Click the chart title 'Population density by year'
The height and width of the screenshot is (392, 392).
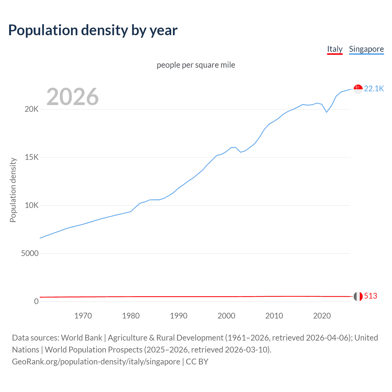point(93,30)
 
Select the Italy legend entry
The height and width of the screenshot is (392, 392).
point(335,49)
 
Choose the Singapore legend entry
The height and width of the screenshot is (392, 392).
point(366,49)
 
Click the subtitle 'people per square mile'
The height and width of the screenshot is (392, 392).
point(196,65)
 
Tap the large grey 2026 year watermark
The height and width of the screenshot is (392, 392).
point(73,97)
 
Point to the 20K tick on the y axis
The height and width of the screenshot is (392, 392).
point(32,109)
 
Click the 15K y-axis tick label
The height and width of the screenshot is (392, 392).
point(32,157)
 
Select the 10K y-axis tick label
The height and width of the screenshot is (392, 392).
point(32,205)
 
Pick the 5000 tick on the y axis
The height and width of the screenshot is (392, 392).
point(30,254)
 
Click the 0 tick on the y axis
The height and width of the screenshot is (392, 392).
point(36,302)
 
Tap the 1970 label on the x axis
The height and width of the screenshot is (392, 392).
point(83,316)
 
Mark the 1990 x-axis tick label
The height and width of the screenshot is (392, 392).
point(179,316)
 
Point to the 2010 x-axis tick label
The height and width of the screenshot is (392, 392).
point(274,316)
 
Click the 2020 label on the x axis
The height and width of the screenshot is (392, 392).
point(322,316)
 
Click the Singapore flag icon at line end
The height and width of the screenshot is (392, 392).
point(358,89)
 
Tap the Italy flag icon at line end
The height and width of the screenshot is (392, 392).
point(358,296)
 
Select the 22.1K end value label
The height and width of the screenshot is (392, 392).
point(374,89)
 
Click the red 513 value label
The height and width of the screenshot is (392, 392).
point(371,296)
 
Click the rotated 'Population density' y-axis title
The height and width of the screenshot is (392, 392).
point(13,190)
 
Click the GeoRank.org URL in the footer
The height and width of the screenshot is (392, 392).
point(96,362)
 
